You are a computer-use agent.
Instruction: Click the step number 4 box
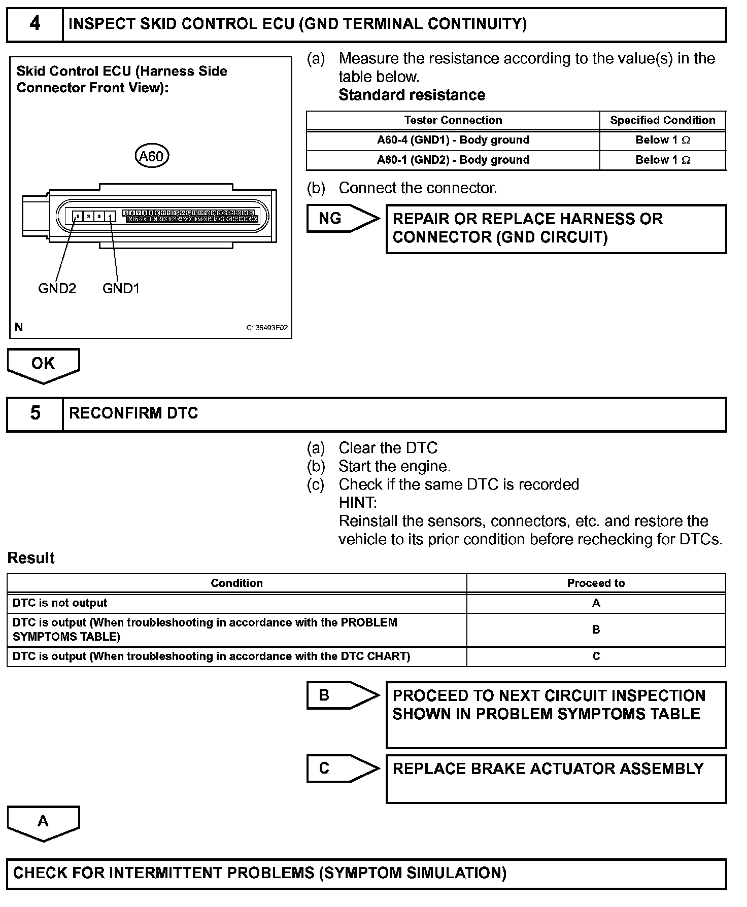click(x=35, y=24)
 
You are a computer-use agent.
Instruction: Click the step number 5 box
click(x=35, y=413)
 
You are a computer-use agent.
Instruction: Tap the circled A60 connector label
click(x=151, y=156)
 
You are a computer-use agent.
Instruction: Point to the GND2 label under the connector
click(x=57, y=289)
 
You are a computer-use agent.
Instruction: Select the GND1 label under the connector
click(x=121, y=289)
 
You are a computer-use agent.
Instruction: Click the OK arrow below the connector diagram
click(x=43, y=364)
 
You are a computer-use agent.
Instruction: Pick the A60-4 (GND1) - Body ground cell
click(x=453, y=140)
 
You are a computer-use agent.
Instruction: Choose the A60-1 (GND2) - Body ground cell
click(x=453, y=160)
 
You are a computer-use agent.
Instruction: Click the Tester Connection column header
click(x=453, y=120)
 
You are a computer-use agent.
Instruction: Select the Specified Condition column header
click(x=662, y=120)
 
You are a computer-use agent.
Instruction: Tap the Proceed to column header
click(x=596, y=583)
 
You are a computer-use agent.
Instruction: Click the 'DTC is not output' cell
click(x=60, y=603)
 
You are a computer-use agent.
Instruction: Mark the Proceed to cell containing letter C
click(x=596, y=656)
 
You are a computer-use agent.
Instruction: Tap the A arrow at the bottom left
click(x=43, y=822)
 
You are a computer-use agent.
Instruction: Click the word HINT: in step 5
click(x=358, y=503)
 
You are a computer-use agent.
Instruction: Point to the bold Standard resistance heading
click(x=412, y=95)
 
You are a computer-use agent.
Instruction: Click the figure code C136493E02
click(x=267, y=328)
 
